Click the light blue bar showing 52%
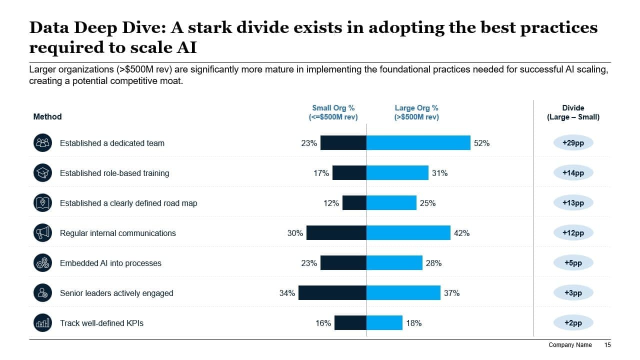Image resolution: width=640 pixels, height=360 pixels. pos(418,143)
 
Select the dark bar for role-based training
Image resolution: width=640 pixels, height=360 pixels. pos(349,173)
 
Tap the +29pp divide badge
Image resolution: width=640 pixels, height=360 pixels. pos(573,142)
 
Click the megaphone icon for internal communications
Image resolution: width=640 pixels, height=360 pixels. pos(42,233)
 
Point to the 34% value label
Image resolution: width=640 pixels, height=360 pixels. pos(287,293)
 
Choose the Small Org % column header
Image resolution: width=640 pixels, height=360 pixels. pos(333,112)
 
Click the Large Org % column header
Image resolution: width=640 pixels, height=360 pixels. pos(416,112)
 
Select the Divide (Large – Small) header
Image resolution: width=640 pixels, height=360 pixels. pos(573,112)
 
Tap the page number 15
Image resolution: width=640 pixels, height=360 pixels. pos(607,345)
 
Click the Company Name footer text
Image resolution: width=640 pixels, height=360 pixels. pos(570,345)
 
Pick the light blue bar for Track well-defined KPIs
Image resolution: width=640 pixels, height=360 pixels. pos(384,323)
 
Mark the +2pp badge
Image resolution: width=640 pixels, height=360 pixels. pos(573,323)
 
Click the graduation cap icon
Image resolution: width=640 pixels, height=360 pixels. pos(42,173)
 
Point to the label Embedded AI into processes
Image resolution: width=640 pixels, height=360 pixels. pos(110,263)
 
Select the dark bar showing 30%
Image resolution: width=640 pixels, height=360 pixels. pos(336,233)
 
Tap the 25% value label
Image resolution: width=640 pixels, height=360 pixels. pos(427,203)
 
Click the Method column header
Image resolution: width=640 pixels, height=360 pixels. pos(47,116)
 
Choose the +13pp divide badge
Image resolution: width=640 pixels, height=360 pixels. pos(573,203)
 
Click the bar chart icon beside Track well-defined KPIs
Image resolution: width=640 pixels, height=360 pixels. pos(42,323)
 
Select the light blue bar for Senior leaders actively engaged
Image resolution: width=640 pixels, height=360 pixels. pos(403,293)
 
